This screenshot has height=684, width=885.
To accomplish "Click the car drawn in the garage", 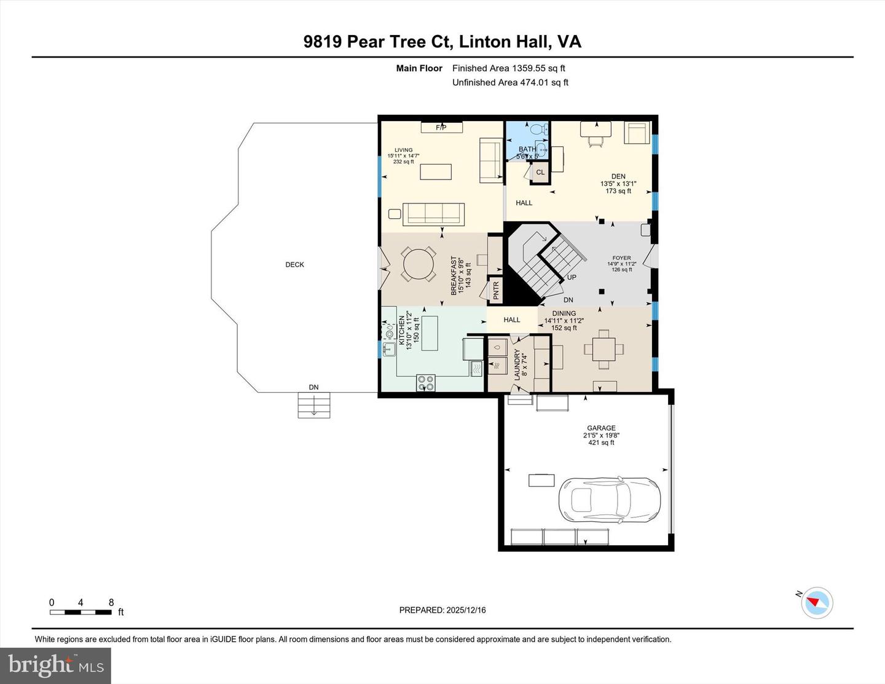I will [608, 500].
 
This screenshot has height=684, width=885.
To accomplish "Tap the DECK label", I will [294, 265].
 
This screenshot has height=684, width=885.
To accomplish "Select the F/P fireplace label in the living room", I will [441, 128].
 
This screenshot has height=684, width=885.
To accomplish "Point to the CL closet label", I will [540, 173].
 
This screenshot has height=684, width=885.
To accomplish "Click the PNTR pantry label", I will [495, 291].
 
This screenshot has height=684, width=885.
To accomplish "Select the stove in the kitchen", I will [426, 383].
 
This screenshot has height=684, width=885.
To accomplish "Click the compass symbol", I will [817, 602].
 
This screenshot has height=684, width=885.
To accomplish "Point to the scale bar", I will [81, 611].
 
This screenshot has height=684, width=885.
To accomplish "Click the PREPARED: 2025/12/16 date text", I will [442, 610].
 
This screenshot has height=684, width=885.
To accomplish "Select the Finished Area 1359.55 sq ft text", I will [508, 68].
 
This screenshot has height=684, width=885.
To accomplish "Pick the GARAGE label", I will [600, 428].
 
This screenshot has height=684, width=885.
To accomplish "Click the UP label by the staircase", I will [572, 277].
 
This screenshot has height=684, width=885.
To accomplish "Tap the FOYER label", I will [621, 259].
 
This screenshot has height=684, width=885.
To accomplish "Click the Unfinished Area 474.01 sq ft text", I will [510, 82].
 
